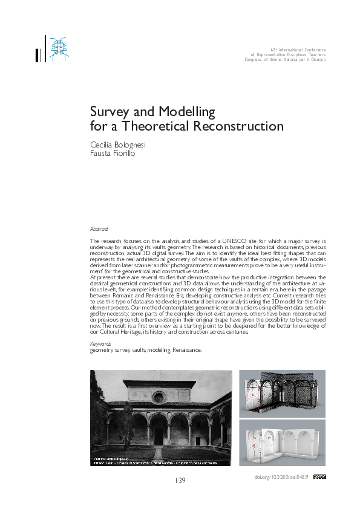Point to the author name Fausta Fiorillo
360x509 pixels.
114,154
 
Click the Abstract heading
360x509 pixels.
99,229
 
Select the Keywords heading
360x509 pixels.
100,343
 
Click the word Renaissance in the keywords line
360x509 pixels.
186,349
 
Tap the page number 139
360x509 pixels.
180,481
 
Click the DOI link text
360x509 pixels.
282,477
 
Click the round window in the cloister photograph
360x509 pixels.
159,397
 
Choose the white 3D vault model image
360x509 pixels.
282,443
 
